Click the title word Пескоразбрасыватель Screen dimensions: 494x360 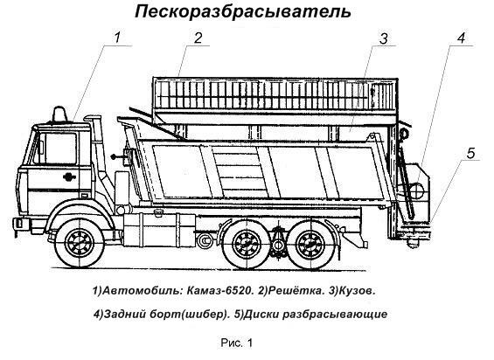(x=243, y=12)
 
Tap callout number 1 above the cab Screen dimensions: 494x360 (x=117, y=38)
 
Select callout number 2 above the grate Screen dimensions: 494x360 (x=198, y=38)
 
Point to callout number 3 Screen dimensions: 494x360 (x=384, y=38)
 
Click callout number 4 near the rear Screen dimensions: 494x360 (x=461, y=38)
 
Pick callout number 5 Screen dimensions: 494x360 (x=470, y=154)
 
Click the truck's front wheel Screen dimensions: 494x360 (x=80, y=243)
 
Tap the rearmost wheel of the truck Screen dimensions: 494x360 (x=310, y=244)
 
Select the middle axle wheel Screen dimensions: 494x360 (x=247, y=244)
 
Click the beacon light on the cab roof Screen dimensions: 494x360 (x=59, y=114)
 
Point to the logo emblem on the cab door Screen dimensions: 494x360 (x=69, y=177)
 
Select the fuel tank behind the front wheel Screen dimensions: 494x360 (x=159, y=229)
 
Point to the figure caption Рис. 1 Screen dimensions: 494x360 (x=237, y=343)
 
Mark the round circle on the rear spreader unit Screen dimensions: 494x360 (x=419, y=190)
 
